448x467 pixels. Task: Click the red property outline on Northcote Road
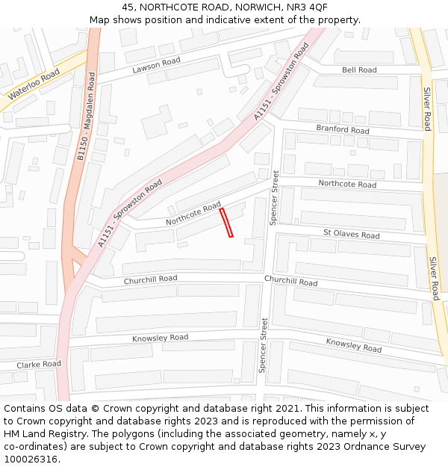(226, 223)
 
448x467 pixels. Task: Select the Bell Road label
(359, 70)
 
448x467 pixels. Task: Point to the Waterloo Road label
(34, 84)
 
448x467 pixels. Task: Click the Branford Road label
(343, 129)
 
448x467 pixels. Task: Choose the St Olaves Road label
(351, 234)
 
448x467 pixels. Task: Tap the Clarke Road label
(39, 364)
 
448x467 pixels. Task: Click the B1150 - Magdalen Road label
(87, 117)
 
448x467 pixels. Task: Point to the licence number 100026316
(31, 459)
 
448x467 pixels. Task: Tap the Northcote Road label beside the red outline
(193, 213)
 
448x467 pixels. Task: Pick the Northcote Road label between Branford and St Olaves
(347, 184)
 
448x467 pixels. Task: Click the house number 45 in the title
(128, 7)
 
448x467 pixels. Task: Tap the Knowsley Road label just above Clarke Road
(160, 338)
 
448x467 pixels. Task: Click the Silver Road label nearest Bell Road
(427, 109)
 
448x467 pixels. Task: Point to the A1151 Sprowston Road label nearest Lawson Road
(281, 81)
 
